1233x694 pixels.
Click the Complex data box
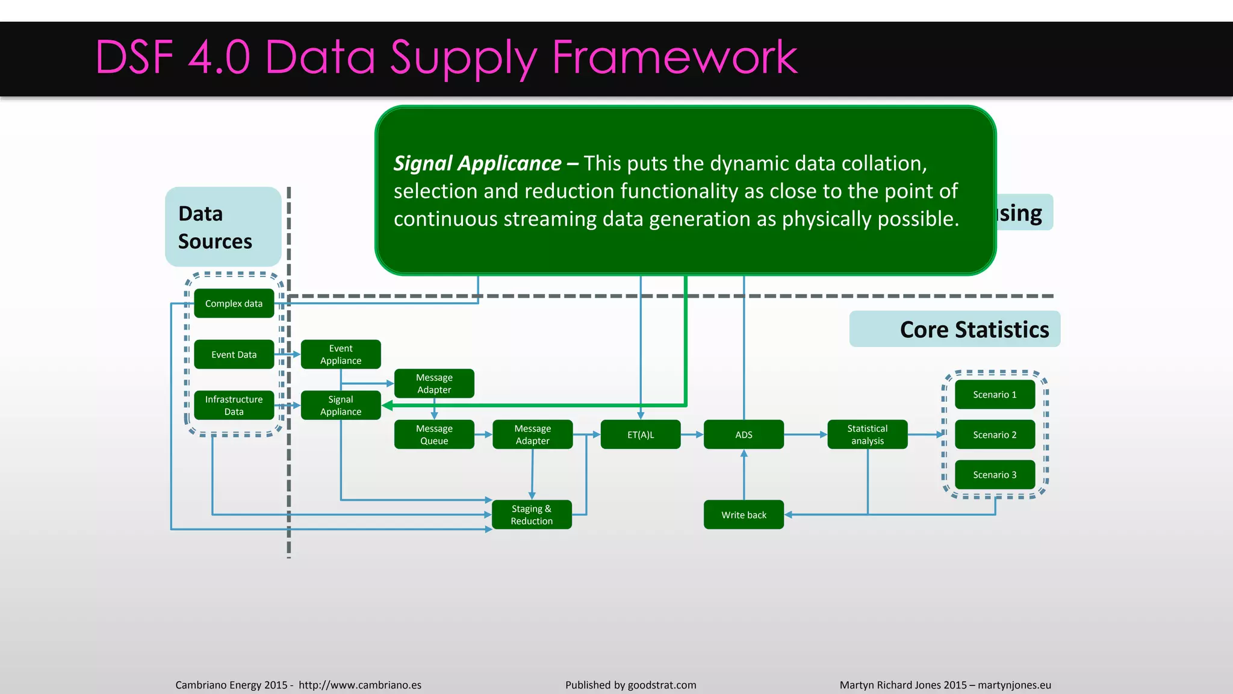click(x=234, y=304)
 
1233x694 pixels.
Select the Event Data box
click(x=234, y=355)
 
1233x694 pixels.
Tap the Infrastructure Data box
click(x=234, y=405)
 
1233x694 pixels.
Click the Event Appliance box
click(x=341, y=355)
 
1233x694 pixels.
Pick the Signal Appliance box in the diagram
click(x=341, y=405)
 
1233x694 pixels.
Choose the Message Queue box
click(x=434, y=434)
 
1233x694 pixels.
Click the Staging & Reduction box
click(x=532, y=515)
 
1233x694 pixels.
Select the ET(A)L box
click(x=641, y=434)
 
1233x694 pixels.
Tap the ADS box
click(x=744, y=434)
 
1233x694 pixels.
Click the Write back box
click(x=744, y=515)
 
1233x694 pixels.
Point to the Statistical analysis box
click(x=867, y=434)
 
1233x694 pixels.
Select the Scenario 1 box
click(x=995, y=395)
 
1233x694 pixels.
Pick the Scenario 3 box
click(x=995, y=475)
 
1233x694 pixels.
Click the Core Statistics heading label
click(x=974, y=330)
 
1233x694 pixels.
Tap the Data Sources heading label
click(x=215, y=228)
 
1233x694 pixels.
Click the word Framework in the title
click(x=674, y=57)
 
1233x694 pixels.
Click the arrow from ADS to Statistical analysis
click(x=806, y=434)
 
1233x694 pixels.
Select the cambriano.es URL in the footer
click(x=359, y=685)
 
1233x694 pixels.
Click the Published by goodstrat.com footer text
click(x=630, y=685)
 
